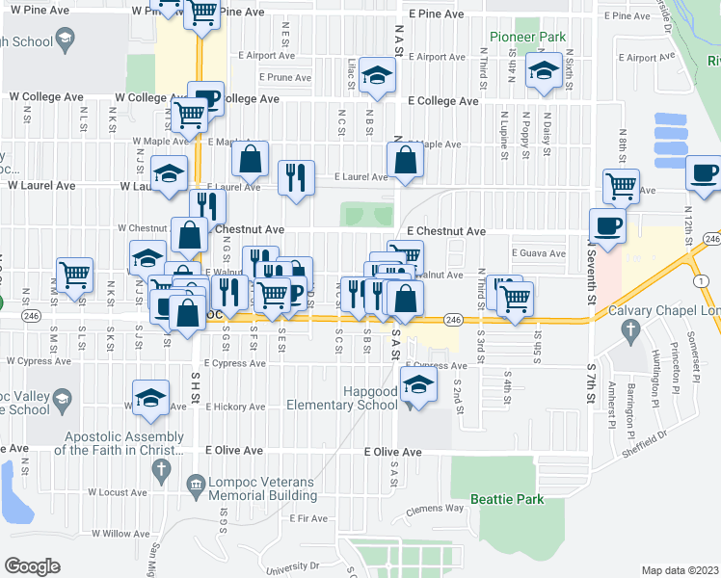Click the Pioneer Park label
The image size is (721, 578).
[526, 37]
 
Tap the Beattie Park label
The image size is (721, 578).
[507, 499]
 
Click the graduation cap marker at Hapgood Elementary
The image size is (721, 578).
[419, 387]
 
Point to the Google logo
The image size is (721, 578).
[32, 565]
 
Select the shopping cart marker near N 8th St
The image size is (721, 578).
[621, 185]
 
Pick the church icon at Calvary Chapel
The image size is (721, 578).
[630, 329]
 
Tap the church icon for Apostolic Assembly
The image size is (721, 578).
[160, 468]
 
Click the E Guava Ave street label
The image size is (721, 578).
[534, 252]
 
